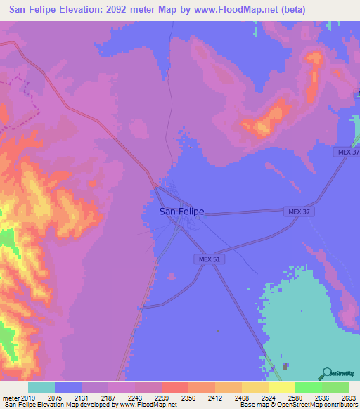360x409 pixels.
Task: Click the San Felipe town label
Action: pos(181,211)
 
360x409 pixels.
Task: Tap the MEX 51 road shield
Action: pos(205,259)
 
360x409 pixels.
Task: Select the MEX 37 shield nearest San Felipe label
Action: pos(296,211)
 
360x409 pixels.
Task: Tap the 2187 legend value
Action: pos(108,397)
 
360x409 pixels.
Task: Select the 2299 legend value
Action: pos(161,397)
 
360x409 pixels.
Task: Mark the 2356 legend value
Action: pos(188,397)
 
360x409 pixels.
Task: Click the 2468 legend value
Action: pos(241,397)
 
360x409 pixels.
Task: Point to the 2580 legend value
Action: pos(295,397)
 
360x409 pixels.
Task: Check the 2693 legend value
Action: pos(347,397)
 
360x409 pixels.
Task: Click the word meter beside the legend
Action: pos(11,397)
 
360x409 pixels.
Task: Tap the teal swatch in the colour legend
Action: pos(41,387)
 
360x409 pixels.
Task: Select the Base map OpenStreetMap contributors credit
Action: pos(299,405)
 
